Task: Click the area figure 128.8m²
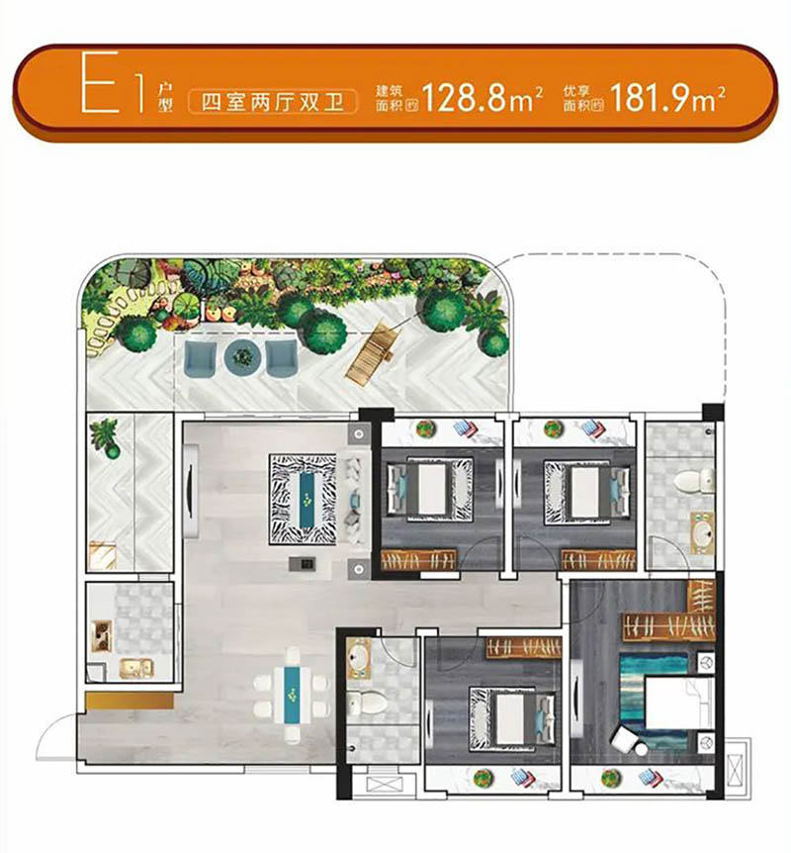pyautogui.click(x=483, y=98)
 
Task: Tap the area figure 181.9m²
pyautogui.click(x=667, y=98)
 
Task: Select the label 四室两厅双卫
pyautogui.click(x=272, y=102)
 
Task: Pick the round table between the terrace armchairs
pyautogui.click(x=242, y=357)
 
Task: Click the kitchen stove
pyautogui.click(x=101, y=636)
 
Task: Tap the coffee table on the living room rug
pyautogui.click(x=308, y=499)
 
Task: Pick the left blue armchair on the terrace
pyautogui.click(x=200, y=358)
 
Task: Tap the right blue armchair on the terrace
pyautogui.click(x=282, y=358)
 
